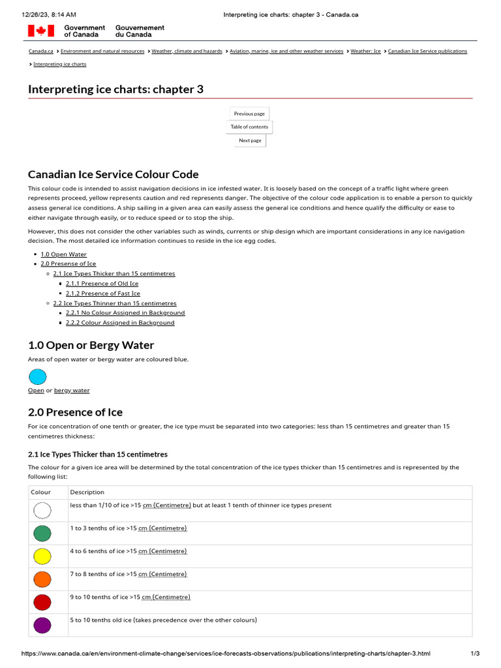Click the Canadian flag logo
[40, 31]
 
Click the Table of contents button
[249, 127]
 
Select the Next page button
[250, 140]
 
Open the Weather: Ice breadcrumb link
[365, 51]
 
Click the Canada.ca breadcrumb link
[40, 51]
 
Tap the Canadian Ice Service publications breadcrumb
[427, 51]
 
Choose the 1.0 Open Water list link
[63, 254]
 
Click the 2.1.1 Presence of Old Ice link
[102, 284]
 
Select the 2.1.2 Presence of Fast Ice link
[102, 294]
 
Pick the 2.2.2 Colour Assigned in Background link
[120, 323]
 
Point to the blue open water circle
[38, 376]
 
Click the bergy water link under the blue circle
[72, 391]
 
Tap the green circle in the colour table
[42, 534]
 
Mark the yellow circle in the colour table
[42, 556]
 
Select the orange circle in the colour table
[42, 579]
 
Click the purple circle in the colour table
[42, 625]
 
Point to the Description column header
[87, 492]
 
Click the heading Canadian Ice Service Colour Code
[114, 174]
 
